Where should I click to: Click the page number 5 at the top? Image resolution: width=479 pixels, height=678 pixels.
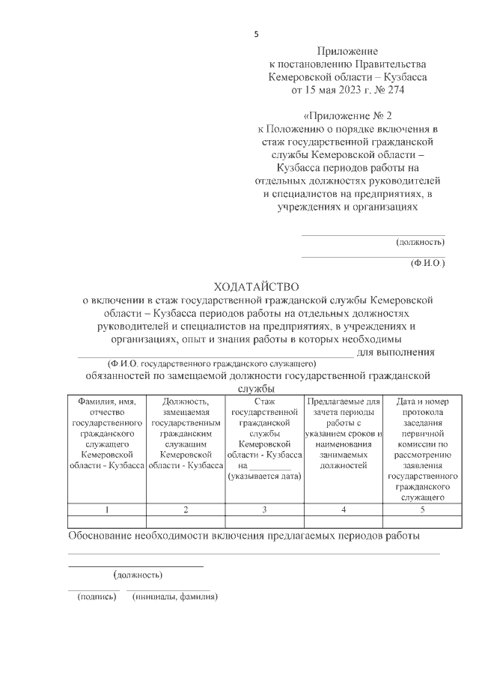[x=256, y=34]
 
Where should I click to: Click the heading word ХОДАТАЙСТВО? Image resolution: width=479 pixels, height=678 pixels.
[x=256, y=286]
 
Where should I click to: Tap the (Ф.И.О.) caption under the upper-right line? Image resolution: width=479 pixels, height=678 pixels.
[x=428, y=264]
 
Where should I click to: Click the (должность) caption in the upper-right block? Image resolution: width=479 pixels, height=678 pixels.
[x=421, y=242]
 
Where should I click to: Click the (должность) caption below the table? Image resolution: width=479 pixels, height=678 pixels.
[x=138, y=575]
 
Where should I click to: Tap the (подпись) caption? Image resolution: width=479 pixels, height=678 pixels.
[x=94, y=598]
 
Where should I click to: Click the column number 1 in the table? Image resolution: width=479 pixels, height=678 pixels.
[x=106, y=509]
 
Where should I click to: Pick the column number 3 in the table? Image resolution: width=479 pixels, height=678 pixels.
[x=264, y=509]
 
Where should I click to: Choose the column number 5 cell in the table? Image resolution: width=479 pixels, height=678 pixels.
[x=422, y=509]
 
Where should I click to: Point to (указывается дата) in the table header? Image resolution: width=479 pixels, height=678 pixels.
[x=264, y=475]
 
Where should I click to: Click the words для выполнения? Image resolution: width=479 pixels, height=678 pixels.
[x=396, y=352]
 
